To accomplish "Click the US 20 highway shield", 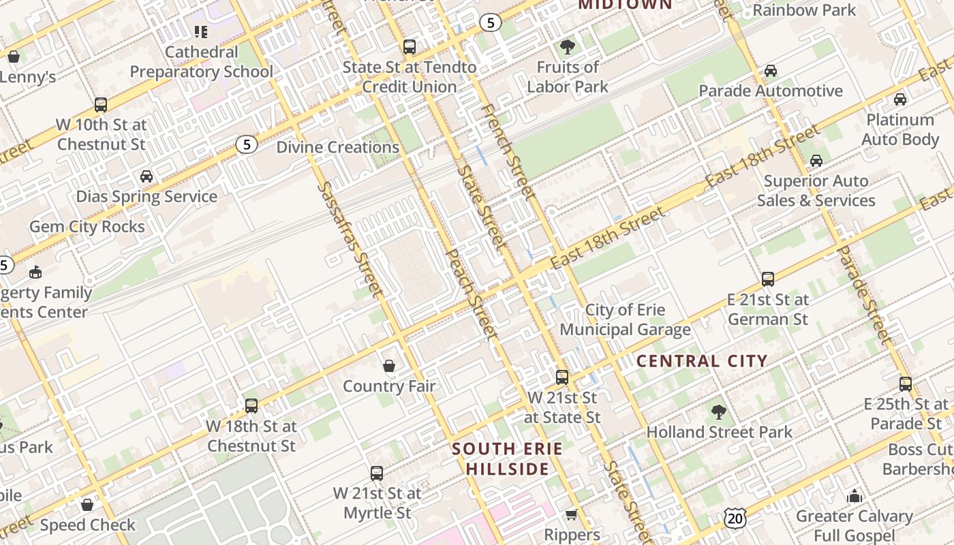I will pyautogui.click(x=736, y=518).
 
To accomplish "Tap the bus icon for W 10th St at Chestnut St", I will pyautogui.click(x=101, y=104).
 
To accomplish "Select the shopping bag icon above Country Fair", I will pyautogui.click(x=389, y=367).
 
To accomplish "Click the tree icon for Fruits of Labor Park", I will pyautogui.click(x=567, y=47).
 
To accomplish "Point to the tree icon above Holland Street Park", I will pyautogui.click(x=718, y=411).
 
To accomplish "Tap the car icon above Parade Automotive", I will pyautogui.click(x=771, y=71).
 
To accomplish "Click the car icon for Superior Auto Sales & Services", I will pyautogui.click(x=816, y=161).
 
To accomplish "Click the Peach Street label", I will pyautogui.click(x=471, y=294).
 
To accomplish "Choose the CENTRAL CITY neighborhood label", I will pyautogui.click(x=702, y=361).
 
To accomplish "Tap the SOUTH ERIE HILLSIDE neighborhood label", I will pyautogui.click(x=508, y=458).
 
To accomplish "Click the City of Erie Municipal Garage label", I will pyautogui.click(x=625, y=320).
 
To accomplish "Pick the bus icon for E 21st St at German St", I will pyautogui.click(x=768, y=279).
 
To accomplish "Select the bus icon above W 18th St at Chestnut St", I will pyautogui.click(x=251, y=406).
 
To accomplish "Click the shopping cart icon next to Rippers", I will pyautogui.click(x=571, y=515).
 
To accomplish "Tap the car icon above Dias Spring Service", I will pyautogui.click(x=147, y=176).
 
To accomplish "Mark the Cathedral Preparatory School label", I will pyautogui.click(x=201, y=61).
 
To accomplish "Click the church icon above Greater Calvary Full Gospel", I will pyautogui.click(x=854, y=497).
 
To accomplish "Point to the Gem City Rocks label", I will pyautogui.click(x=87, y=227).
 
